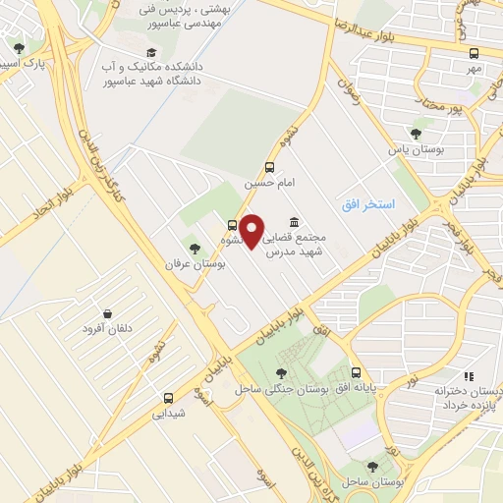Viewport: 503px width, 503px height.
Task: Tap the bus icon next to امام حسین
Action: click(x=270, y=167)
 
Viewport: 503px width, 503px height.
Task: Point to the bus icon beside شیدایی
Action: click(x=169, y=398)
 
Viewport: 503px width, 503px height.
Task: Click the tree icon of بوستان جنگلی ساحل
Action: click(x=282, y=372)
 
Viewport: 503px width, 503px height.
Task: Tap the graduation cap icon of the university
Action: click(x=150, y=52)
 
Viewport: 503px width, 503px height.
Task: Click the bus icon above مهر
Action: click(x=475, y=54)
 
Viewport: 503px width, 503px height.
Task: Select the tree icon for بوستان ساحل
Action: click(x=372, y=467)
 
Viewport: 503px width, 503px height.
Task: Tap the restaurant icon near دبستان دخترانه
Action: click(x=468, y=375)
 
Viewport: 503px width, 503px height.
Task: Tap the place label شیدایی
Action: click(x=169, y=414)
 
